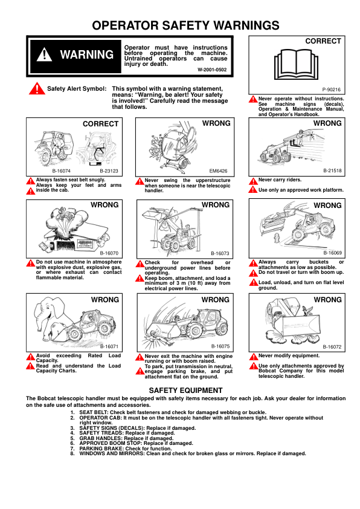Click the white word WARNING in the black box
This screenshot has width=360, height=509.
tap(86, 54)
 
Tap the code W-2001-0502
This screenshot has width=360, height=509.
tap(213, 70)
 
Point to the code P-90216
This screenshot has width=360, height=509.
tap(331, 89)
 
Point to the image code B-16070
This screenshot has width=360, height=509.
tap(109, 253)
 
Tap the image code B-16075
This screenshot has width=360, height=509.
tap(220, 346)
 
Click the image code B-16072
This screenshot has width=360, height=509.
tap(332, 346)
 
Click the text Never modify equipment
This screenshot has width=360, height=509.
tap(289, 355)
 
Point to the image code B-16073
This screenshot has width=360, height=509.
tap(220, 253)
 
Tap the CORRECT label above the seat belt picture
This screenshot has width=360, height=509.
tap(100, 124)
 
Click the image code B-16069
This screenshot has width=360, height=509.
tap(332, 253)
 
